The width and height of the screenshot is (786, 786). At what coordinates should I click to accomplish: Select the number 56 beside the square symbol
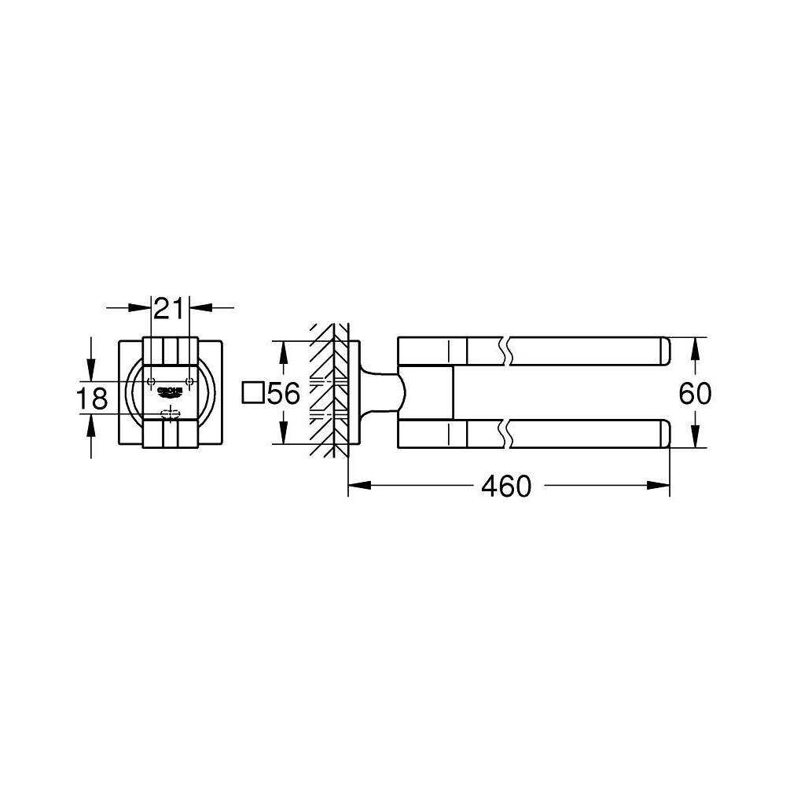[x=284, y=393]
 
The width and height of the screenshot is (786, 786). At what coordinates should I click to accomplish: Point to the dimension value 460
[x=507, y=487]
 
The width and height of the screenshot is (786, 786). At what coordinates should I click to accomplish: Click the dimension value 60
[x=695, y=393]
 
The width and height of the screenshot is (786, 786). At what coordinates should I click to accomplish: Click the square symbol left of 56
[x=253, y=392]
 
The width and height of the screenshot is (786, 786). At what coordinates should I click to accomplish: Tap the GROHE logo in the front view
[x=169, y=391]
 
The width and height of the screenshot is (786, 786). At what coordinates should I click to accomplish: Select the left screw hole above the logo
[x=151, y=380]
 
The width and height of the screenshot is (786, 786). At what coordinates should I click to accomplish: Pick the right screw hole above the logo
[x=188, y=380]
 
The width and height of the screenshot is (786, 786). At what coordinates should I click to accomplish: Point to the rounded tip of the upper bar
[x=665, y=351]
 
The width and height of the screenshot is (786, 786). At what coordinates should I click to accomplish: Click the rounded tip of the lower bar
[x=665, y=433]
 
